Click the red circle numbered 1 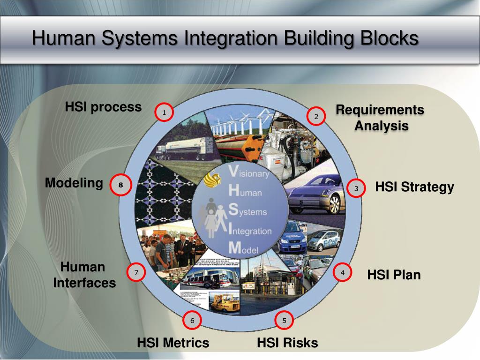coord(164,112)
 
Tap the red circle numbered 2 coord(316,116)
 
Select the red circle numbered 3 coord(356,188)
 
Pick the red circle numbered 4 coord(343,272)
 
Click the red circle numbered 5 coord(284,321)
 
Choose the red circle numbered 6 coord(192,321)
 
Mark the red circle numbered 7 coord(136,272)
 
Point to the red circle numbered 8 coord(120,185)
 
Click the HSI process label coord(103,107)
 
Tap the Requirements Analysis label coord(380,118)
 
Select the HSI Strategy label coord(414,187)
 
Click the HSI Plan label coord(394,275)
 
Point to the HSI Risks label coord(287,343)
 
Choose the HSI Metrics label coord(173,343)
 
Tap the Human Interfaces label coord(84,275)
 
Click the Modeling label coord(74,183)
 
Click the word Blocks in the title coord(389,38)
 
